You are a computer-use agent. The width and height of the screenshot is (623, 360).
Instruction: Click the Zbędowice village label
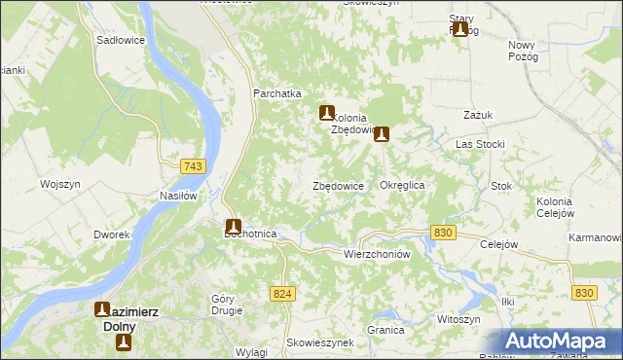click(x=338, y=185)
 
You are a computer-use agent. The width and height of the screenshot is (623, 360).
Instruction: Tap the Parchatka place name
click(x=277, y=93)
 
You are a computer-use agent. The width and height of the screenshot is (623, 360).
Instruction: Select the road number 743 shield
click(x=192, y=167)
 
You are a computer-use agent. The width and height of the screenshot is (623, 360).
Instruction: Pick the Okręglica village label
click(x=402, y=184)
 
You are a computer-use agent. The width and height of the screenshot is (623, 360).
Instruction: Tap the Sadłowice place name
click(x=121, y=41)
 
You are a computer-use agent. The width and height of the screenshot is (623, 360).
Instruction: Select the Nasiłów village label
click(x=178, y=195)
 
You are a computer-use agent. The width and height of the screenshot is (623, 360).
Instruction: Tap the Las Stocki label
click(x=480, y=144)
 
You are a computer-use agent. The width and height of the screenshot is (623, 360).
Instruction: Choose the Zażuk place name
click(x=479, y=114)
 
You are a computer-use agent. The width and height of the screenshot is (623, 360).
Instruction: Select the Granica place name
click(x=385, y=330)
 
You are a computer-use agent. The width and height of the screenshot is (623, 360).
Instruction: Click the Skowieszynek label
click(x=318, y=343)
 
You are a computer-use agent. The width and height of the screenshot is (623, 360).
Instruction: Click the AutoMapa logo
click(x=561, y=342)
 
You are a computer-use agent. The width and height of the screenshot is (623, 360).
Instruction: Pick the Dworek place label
click(x=112, y=234)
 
